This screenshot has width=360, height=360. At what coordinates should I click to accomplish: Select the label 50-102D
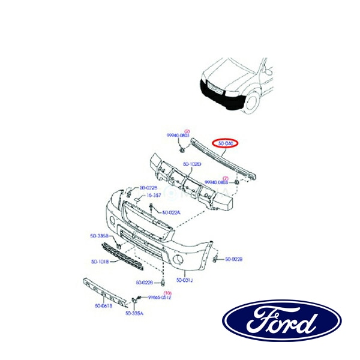192,164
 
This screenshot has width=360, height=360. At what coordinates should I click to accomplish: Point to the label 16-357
155,196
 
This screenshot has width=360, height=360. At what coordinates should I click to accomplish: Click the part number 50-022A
171,212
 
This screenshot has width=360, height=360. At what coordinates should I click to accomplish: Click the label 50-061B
103,306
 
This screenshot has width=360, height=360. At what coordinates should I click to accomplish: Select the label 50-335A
134,313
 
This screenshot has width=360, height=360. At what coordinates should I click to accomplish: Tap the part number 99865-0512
160,297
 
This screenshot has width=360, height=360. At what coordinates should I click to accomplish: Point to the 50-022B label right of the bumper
233,259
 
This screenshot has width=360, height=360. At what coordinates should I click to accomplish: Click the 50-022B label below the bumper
146,282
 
